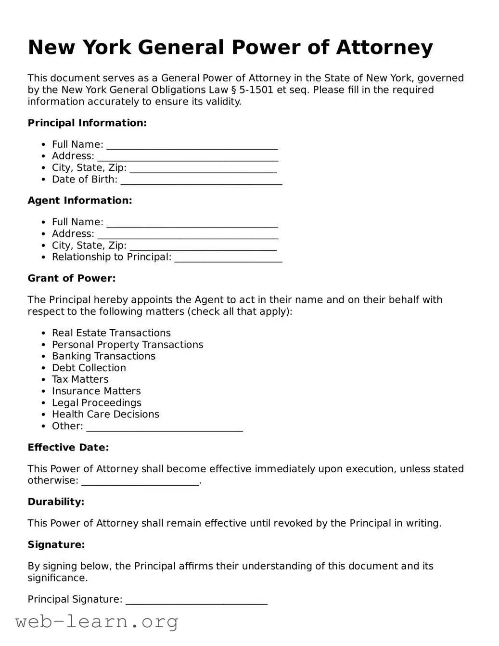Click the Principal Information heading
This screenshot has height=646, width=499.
[87, 123]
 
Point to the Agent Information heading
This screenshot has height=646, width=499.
[80, 200]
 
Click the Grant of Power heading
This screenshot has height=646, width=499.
[72, 278]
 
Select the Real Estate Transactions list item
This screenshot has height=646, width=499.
[111, 333]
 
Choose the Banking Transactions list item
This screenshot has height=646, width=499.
[103, 356]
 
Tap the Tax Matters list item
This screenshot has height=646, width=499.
[80, 379]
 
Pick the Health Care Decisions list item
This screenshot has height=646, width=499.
[105, 414]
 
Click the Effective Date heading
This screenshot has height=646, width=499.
[68, 447]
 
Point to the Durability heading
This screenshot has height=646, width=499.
[56, 502]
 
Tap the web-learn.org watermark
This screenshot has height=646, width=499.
[97, 622]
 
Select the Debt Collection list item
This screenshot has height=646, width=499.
[89, 368]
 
